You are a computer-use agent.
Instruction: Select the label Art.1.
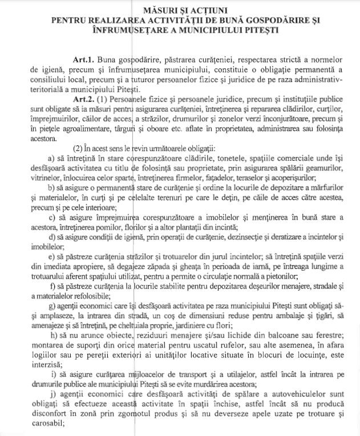[83, 59]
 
